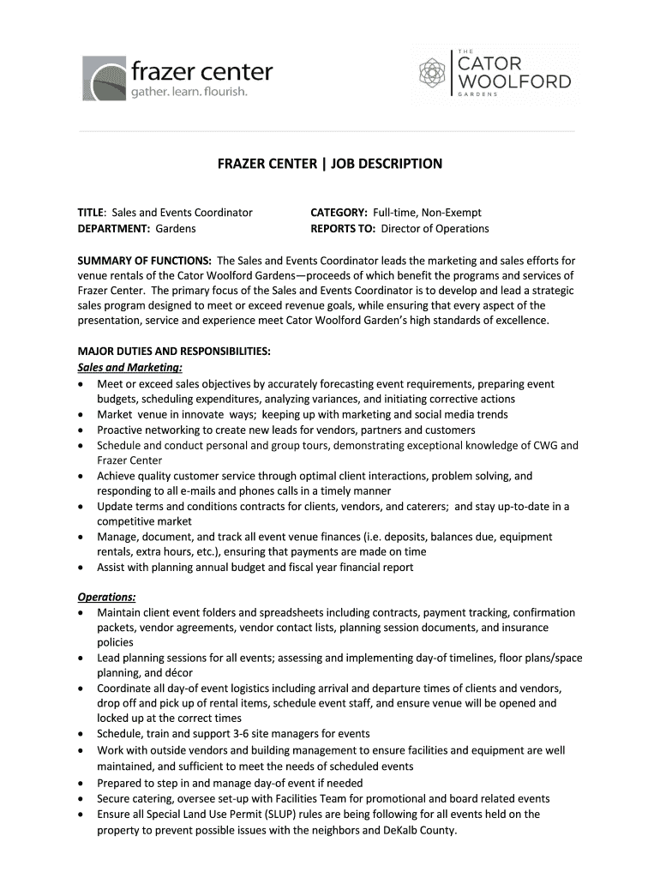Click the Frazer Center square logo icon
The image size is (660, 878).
[104, 79]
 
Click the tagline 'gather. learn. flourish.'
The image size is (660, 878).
[189, 92]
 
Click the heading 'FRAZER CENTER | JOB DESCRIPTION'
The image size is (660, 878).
[329, 164]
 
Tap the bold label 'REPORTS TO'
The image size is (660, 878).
[343, 228]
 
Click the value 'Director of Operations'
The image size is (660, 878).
[435, 228]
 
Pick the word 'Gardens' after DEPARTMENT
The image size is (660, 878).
[176, 228]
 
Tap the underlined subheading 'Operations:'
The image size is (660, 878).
[106, 597]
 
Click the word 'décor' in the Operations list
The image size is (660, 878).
[177, 673]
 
